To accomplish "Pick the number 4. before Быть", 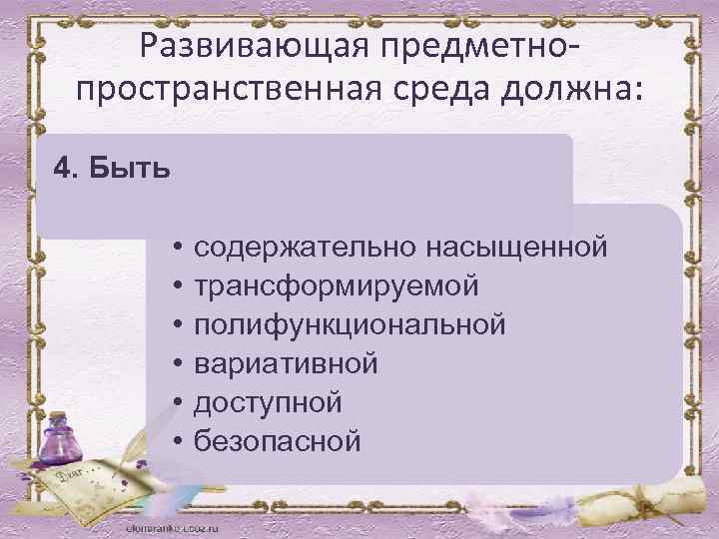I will click(67, 166).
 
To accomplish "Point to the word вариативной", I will click(286, 363).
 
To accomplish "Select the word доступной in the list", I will click(268, 402).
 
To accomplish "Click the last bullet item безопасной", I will click(278, 440).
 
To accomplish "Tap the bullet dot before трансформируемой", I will click(175, 285).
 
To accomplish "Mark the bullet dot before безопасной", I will click(175, 440).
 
